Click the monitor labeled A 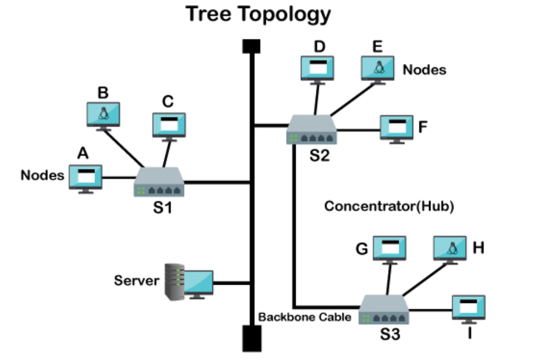[85, 177]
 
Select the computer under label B [103, 115]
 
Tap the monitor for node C [169, 125]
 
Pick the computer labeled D [318, 68]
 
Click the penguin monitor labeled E [378, 68]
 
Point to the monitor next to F [396, 128]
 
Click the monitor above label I [468, 308]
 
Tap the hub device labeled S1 [159, 183]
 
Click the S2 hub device [311, 130]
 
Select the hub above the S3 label [384, 310]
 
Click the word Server [136, 281]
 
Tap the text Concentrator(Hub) [389, 207]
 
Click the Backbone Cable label [305, 317]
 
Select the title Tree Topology [258, 15]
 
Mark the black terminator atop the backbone [252, 46]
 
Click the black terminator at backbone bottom [252, 337]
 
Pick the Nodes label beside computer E [424, 70]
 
